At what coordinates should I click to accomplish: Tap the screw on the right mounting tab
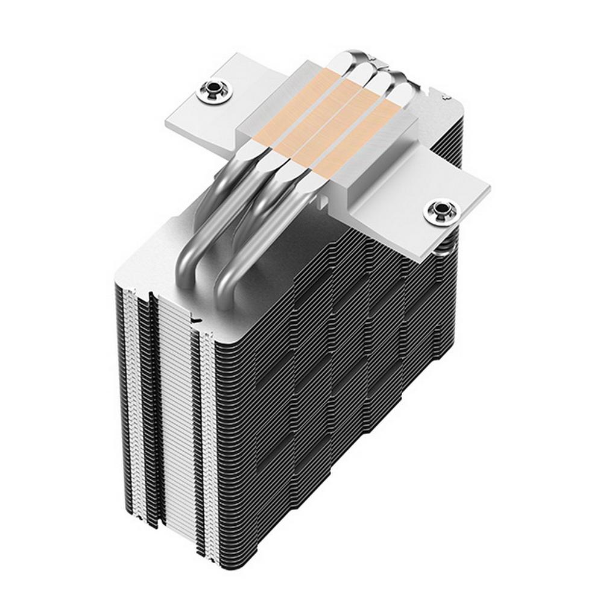pyautogui.click(x=440, y=212)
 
